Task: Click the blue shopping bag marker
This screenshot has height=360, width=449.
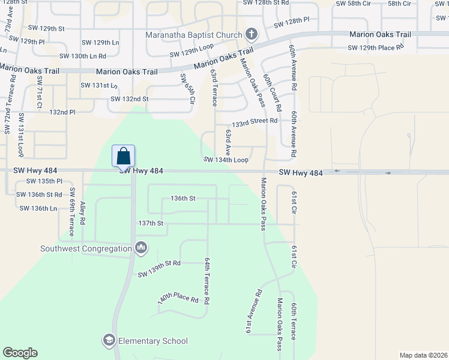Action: (x=123, y=156)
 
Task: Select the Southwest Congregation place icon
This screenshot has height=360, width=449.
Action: (x=142, y=248)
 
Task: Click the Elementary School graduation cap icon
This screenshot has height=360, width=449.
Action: (x=109, y=341)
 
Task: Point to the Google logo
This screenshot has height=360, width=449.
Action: (x=20, y=353)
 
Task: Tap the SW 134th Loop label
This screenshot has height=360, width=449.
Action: (x=226, y=160)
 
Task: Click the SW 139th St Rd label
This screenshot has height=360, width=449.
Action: (x=159, y=269)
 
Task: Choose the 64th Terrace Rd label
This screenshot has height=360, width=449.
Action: (x=206, y=280)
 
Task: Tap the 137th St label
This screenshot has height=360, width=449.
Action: (x=151, y=223)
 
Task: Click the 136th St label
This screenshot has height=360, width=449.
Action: (x=184, y=198)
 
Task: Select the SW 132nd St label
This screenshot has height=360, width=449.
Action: (x=127, y=98)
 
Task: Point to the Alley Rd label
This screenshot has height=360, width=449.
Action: (x=83, y=212)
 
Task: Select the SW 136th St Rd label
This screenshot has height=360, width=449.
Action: (x=39, y=194)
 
